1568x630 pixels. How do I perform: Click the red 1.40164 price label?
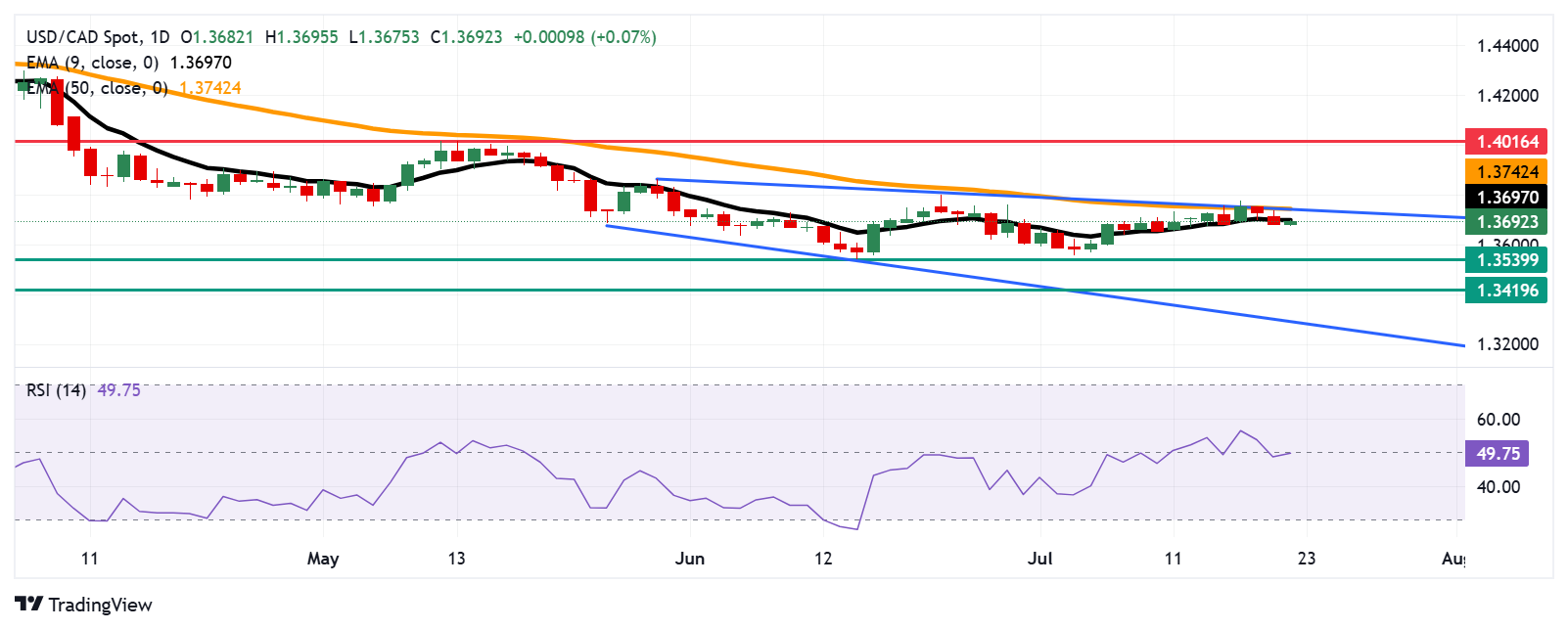(x=1506, y=142)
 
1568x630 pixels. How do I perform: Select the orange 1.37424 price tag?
(x=1506, y=172)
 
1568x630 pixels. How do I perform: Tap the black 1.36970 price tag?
(x=1506, y=197)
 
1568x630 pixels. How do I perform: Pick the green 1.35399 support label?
(x=1506, y=260)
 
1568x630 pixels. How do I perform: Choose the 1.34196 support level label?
(x=1506, y=291)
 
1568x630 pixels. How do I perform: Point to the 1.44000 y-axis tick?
(x=1507, y=46)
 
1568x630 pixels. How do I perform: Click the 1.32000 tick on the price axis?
(x=1507, y=344)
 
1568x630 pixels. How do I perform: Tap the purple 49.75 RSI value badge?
(x=1498, y=454)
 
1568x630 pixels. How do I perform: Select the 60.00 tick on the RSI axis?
(x=1498, y=420)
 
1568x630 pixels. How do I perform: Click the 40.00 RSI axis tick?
(x=1498, y=487)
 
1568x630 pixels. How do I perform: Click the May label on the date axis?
(x=323, y=559)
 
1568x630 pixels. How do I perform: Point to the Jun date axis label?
(x=690, y=559)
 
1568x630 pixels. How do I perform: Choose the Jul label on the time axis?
(x=1040, y=559)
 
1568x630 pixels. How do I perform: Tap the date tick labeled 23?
(x=1306, y=559)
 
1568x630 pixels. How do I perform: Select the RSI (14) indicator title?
(x=56, y=390)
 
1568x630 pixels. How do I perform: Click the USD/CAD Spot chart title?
(x=82, y=37)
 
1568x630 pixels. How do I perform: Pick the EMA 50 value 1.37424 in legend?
(x=209, y=88)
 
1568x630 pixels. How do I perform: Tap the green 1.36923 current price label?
(x=1506, y=222)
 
